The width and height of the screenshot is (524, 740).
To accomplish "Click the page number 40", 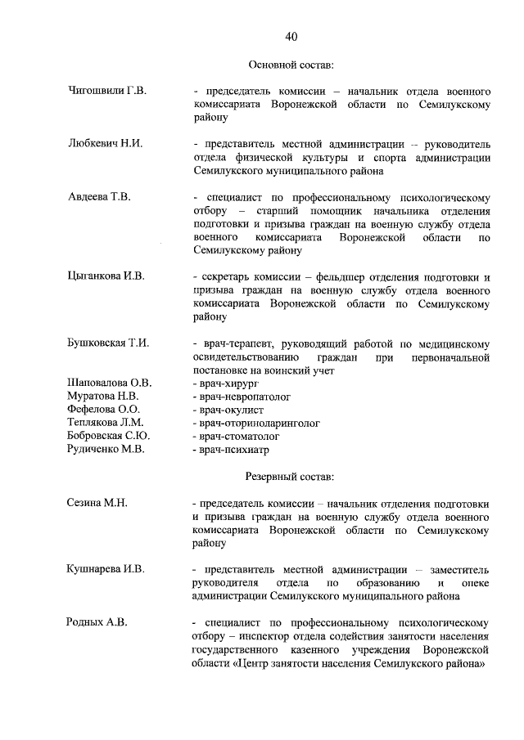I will pyautogui.click(x=291, y=36).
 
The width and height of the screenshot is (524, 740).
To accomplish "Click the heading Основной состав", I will pyautogui.click(x=291, y=64).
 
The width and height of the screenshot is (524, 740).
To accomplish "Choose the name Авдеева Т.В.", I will pyautogui.click(x=99, y=197).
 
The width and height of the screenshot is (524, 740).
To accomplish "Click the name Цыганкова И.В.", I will pyautogui.click(x=106, y=276).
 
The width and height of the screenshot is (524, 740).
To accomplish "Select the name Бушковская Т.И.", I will pyautogui.click(x=108, y=343).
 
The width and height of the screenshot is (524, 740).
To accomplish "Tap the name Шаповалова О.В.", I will pyautogui.click(x=110, y=383).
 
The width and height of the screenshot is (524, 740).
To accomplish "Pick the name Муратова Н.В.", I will pyautogui.click(x=104, y=396).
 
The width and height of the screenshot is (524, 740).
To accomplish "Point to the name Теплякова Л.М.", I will pyautogui.click(x=106, y=423).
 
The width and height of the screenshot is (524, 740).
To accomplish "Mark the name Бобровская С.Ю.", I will pyautogui.click(x=108, y=436).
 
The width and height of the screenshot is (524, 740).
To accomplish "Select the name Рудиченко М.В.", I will pyautogui.click(x=106, y=449).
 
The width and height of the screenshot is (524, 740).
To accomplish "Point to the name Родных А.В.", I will pyautogui.click(x=97, y=622).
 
